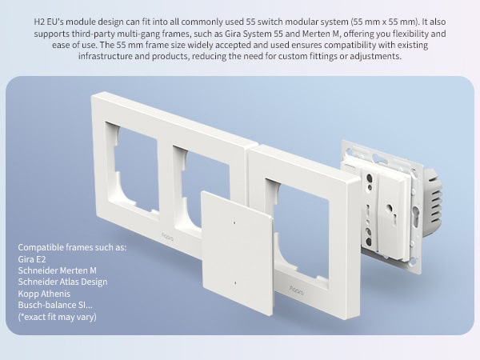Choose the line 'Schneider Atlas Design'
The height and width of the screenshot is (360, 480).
click(62, 282)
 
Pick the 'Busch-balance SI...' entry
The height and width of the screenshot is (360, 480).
click(54, 305)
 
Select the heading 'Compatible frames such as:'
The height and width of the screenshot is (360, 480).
click(72, 247)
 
